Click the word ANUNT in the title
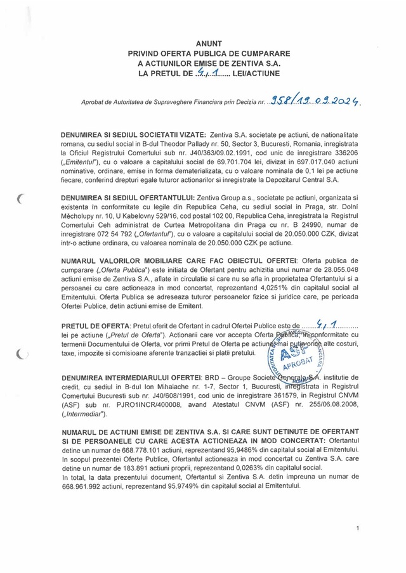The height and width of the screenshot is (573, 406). point(204,42)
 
